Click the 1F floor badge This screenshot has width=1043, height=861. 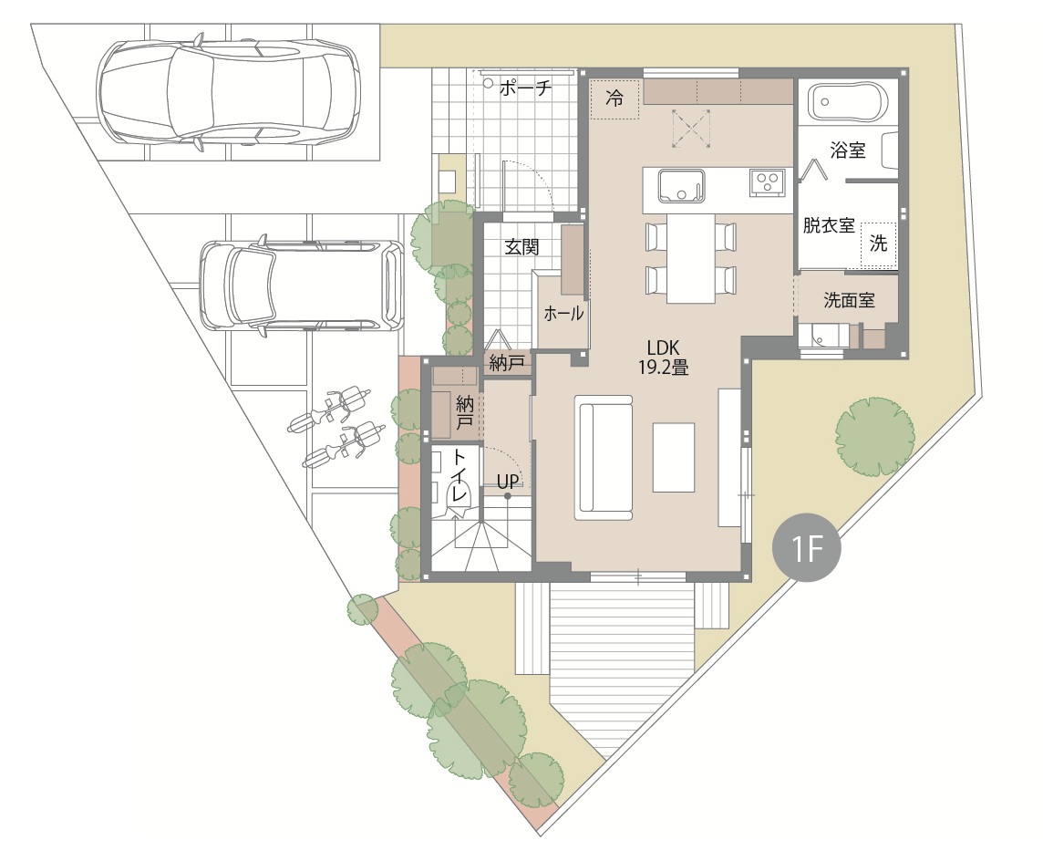806,548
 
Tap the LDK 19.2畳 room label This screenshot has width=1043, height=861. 663,357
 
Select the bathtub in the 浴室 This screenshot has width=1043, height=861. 848,101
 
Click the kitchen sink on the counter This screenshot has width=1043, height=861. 681,186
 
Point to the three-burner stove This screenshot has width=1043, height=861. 768,182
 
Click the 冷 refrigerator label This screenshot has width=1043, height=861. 614,99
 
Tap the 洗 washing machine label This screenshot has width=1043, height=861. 879,244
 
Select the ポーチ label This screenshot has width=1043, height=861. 525,88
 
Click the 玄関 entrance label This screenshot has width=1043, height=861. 521,247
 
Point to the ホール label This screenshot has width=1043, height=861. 563,313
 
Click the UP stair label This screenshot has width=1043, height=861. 508,481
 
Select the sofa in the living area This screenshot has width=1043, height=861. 604,458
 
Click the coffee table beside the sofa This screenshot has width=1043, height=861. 673,457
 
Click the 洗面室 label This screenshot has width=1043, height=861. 849,300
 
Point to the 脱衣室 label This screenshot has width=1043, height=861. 829,225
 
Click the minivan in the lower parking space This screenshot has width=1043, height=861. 302,286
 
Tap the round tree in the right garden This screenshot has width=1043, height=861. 874,437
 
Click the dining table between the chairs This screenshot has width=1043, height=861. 691,257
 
